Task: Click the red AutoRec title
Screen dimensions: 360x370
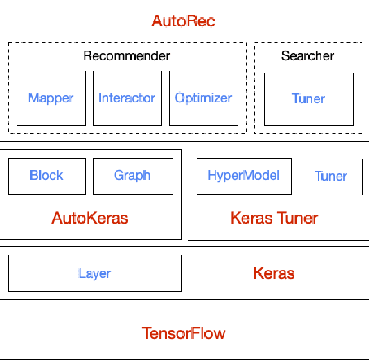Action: click(x=184, y=21)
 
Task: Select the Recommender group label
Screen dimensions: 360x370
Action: click(x=127, y=55)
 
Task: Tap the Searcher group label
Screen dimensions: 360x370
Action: click(x=308, y=55)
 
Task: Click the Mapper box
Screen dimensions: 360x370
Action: click(x=51, y=98)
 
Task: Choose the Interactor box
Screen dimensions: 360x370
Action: click(x=127, y=98)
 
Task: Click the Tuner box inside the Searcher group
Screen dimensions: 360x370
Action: click(x=308, y=99)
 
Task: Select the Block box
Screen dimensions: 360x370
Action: click(x=46, y=176)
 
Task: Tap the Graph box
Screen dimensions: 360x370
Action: click(x=132, y=176)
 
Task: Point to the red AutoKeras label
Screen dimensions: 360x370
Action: click(x=90, y=219)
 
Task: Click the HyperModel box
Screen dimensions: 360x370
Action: click(x=244, y=176)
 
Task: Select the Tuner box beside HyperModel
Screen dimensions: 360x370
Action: click(x=331, y=177)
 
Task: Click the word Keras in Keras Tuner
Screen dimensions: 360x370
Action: click(x=252, y=219)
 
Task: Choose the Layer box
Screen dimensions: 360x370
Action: click(x=94, y=273)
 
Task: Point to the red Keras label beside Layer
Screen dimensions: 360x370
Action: click(x=274, y=273)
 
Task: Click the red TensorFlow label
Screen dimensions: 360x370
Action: click(x=184, y=333)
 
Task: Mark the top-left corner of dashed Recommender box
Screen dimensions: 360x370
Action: click(x=9, y=43)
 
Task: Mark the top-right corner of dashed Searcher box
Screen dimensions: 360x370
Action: click(x=362, y=43)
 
